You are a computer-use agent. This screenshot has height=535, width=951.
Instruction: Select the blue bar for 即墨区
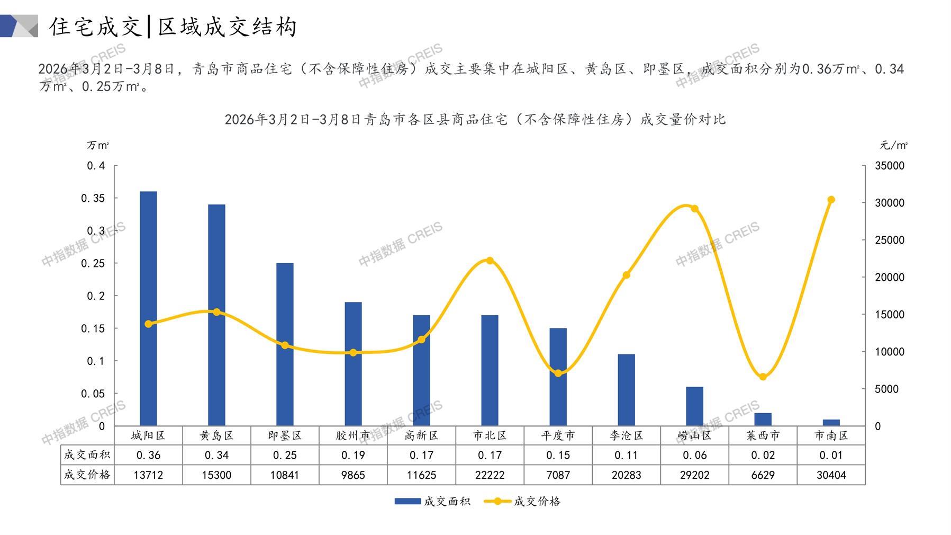coord(285,344)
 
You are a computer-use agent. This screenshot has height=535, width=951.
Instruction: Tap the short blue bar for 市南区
coord(831,423)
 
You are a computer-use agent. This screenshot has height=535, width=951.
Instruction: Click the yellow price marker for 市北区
coord(490,261)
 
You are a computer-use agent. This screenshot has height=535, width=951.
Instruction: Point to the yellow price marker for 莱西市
coord(763,377)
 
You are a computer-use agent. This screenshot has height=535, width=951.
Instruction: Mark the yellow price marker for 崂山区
coord(694,209)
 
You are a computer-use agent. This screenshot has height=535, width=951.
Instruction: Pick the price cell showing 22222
coord(490,475)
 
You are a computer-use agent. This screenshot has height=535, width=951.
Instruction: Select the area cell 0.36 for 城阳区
coord(148,455)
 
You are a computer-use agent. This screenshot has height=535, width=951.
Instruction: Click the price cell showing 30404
coord(831,475)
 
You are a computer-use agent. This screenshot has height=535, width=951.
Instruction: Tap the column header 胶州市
coord(353,435)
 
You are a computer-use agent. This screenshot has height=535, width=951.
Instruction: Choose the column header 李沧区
coord(626,435)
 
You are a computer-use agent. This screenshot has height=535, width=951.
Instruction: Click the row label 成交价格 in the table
coord(87,475)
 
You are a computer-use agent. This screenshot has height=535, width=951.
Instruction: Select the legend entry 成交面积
coord(433,501)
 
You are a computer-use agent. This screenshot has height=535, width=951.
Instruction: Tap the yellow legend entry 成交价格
coord(523,501)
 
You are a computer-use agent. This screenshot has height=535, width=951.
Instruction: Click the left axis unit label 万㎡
coord(98,145)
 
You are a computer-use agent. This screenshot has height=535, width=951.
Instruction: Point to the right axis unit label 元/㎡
coord(893,145)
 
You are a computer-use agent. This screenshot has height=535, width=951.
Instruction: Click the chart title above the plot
coord(475,119)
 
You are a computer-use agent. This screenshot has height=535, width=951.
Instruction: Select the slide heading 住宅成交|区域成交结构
coord(173,26)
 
